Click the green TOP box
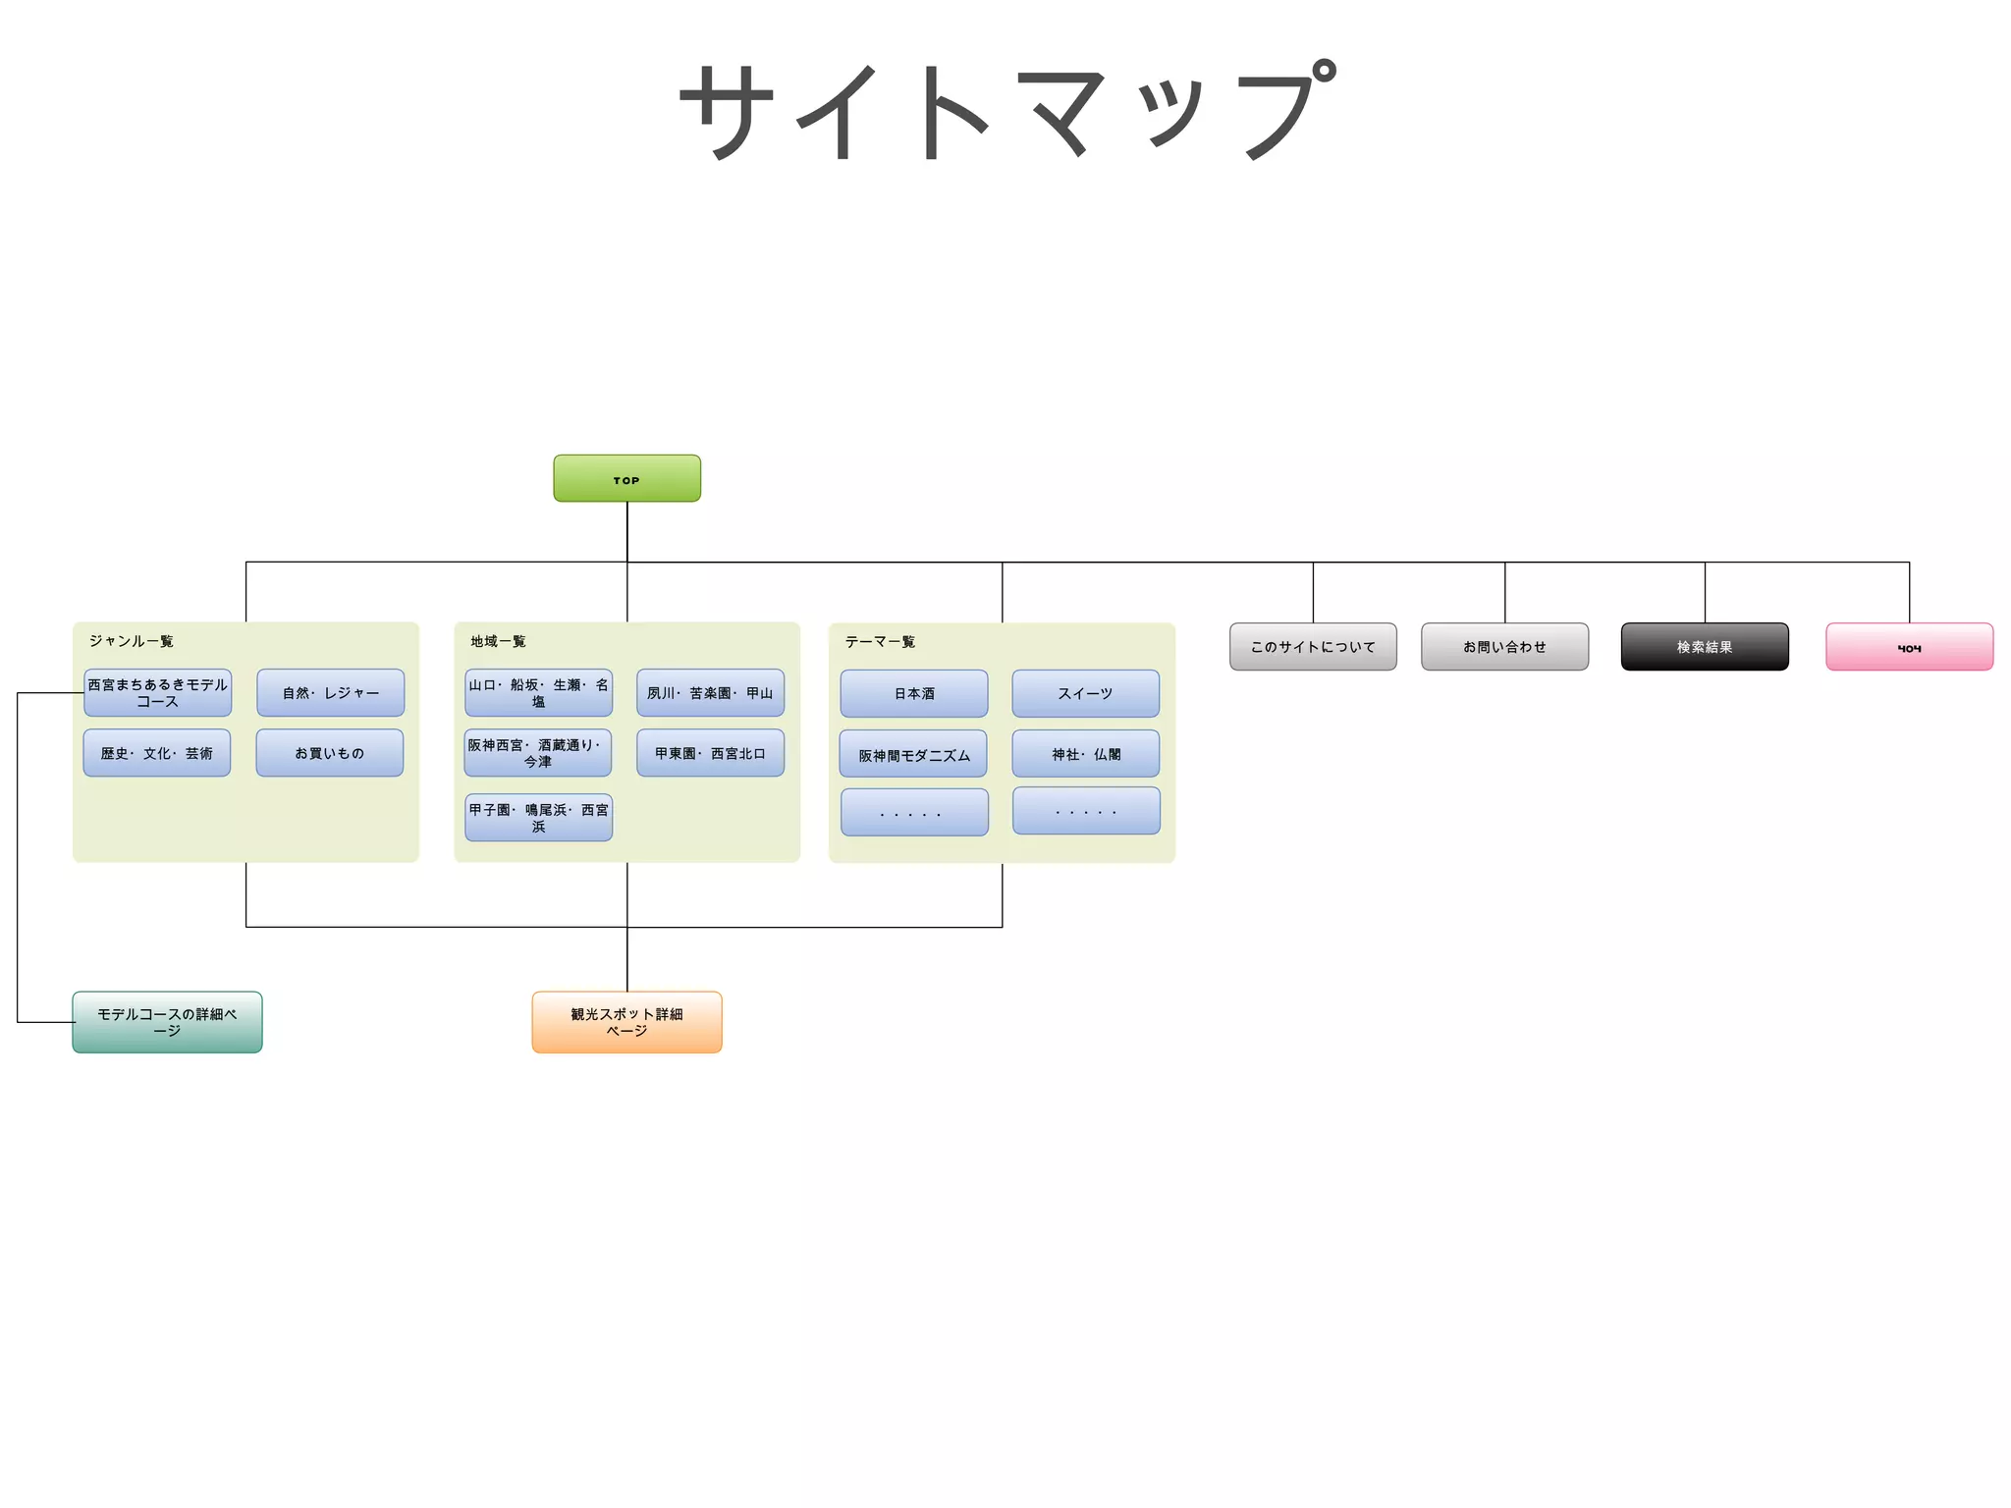pos(626,478)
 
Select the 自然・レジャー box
pos(330,693)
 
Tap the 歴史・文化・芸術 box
pos(157,753)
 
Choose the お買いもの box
pos(330,753)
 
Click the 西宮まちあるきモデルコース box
pos(157,693)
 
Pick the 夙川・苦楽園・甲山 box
pos(710,693)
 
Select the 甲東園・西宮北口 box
pos(710,753)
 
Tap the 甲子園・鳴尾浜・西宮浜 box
pos(538,818)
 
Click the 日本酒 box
pos(914,693)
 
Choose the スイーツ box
pos(1085,693)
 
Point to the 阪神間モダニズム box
pos(913,754)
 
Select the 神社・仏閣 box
pos(1085,754)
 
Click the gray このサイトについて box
pos(1313,647)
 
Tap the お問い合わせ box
pos(1504,647)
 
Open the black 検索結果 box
pos(1705,647)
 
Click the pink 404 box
pos(1909,647)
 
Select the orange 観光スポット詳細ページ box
pos(626,1022)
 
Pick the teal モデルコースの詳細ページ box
pos(167,1022)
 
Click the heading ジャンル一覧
pos(131,641)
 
